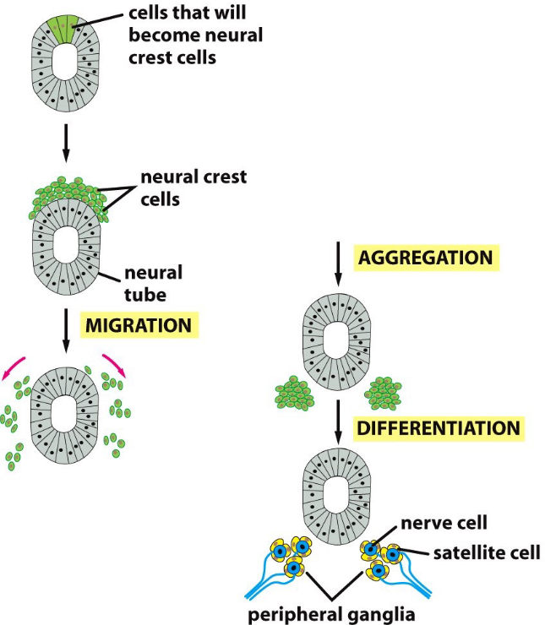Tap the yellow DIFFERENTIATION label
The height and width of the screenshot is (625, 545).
[x=439, y=427]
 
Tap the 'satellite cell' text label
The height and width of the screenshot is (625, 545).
[x=485, y=554]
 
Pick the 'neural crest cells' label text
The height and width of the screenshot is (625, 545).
[x=193, y=188]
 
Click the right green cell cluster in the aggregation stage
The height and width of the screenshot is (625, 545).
[x=384, y=393]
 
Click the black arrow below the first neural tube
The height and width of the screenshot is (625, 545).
[x=66, y=144]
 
